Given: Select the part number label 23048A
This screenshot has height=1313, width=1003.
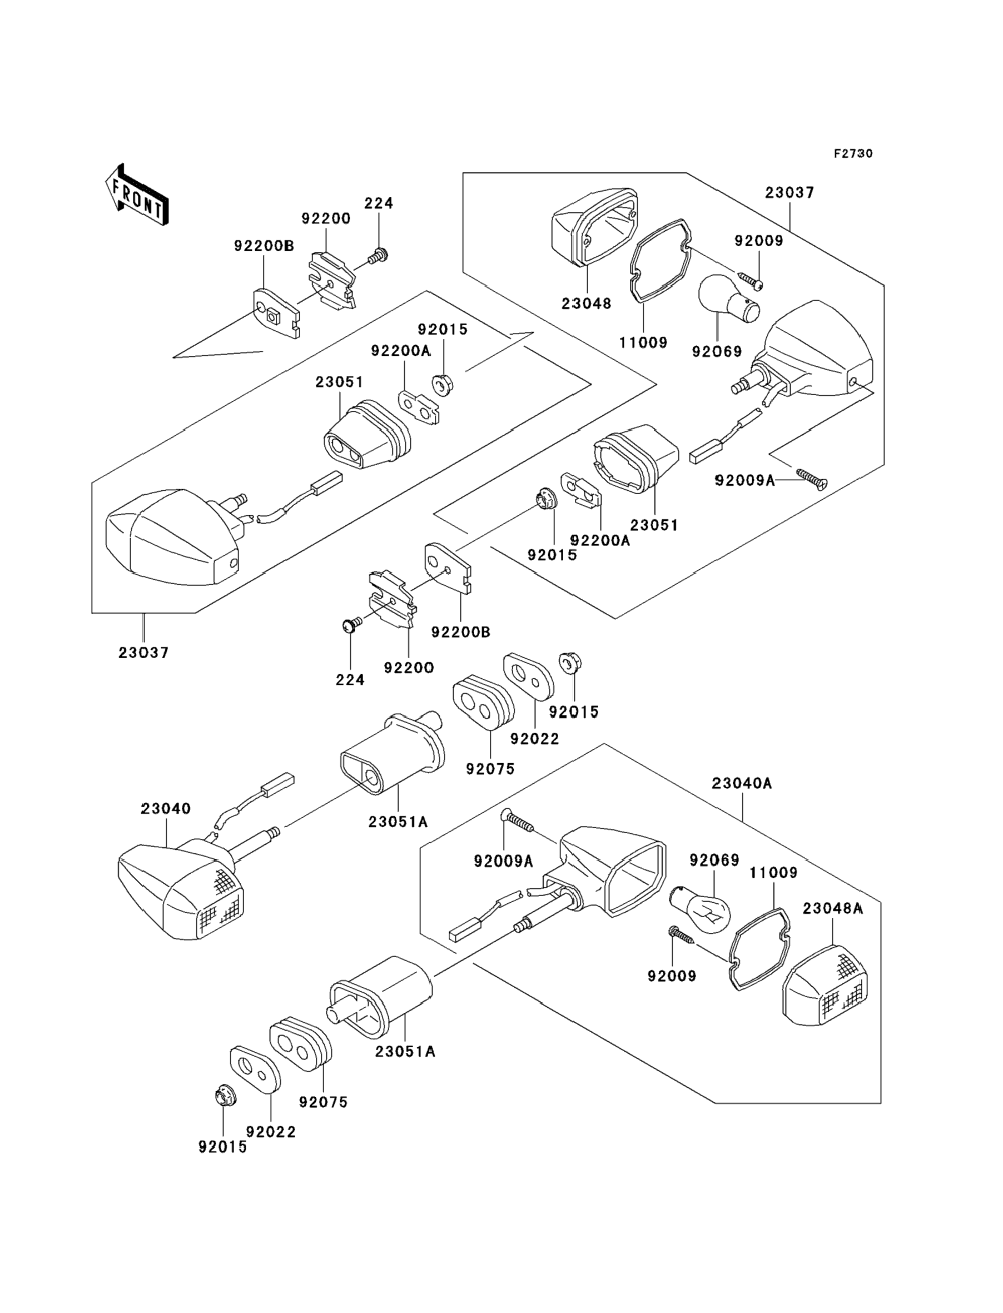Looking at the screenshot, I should (832, 908).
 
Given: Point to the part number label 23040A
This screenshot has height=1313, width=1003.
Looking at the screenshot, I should (742, 783).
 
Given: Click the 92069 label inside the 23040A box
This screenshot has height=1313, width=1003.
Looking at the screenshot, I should (714, 860).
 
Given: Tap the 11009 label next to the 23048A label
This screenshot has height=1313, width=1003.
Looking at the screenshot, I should (773, 873).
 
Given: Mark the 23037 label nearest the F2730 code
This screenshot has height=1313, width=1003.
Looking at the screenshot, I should (790, 193).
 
